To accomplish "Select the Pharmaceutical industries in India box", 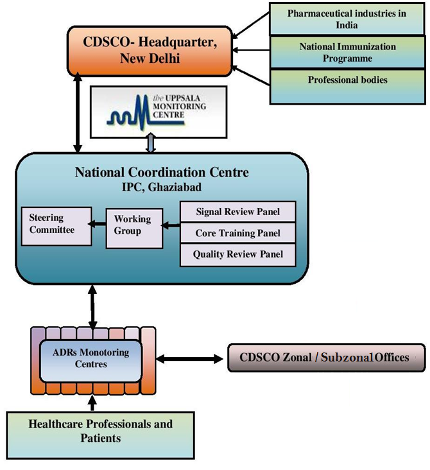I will click(347, 19).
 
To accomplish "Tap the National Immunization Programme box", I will click(347, 53).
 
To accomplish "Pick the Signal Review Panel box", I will click(237, 212).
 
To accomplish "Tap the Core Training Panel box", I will click(237, 233).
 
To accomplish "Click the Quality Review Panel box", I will click(237, 254).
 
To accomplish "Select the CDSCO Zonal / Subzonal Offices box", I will click(326, 358).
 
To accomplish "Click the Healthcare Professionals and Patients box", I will click(100, 431).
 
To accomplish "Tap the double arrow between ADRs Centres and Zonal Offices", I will click(188, 358).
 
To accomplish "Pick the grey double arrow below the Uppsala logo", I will click(150, 144).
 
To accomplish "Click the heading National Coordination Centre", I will click(162, 172).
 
